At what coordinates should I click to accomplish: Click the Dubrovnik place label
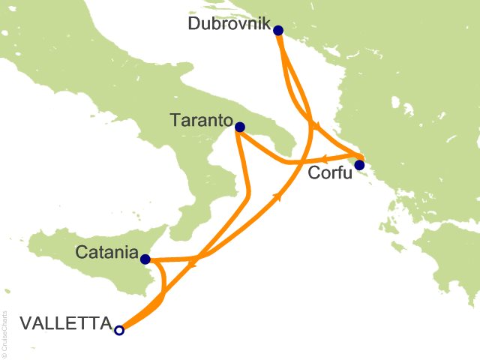(229, 23)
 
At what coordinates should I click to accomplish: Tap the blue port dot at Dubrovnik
(278, 31)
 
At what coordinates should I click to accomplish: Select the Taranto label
(199, 120)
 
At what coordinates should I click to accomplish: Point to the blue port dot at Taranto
(239, 127)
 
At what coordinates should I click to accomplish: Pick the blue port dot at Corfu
(359, 165)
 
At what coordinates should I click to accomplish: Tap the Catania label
(106, 253)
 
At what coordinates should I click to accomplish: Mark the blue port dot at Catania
(145, 259)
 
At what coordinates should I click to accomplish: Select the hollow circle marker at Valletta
(119, 328)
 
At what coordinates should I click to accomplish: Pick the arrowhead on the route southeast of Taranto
(280, 196)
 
